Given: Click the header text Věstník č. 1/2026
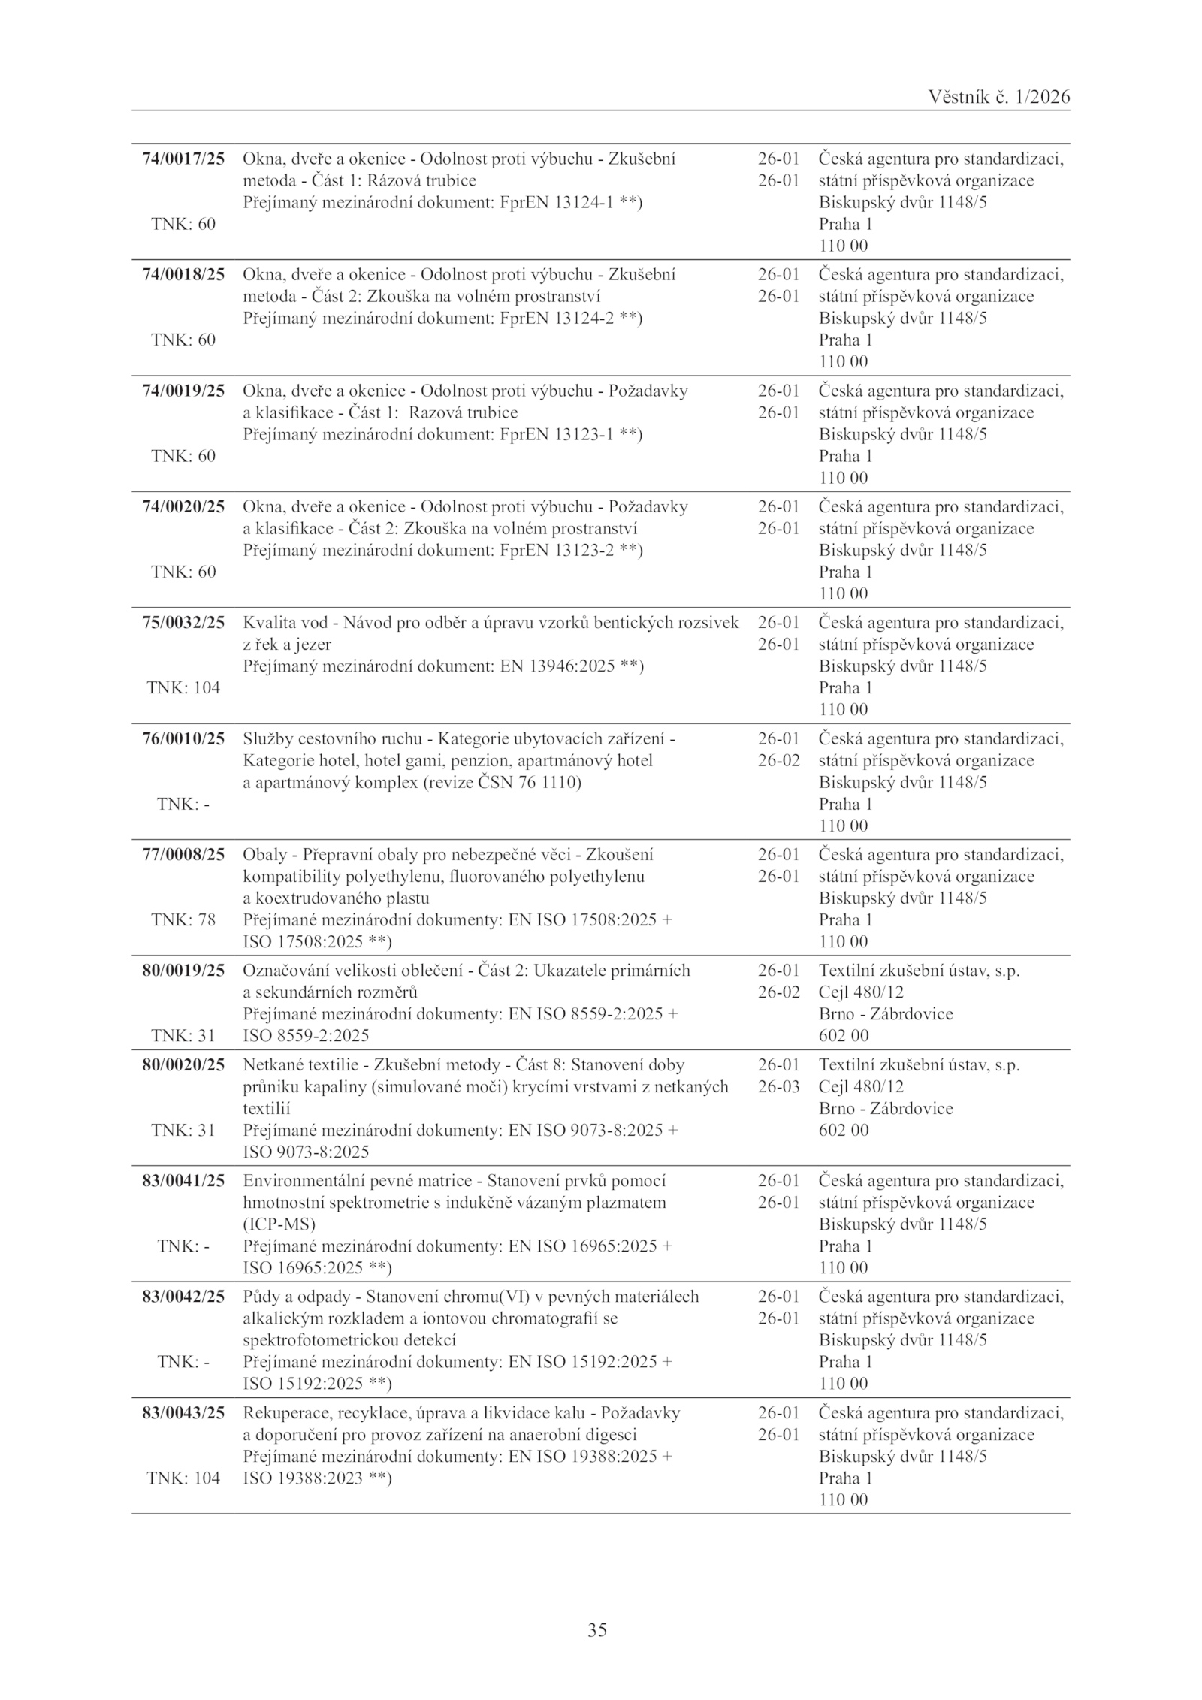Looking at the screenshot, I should point(998,97).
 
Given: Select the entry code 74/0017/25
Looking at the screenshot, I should point(183,159).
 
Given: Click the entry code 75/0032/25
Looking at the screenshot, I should point(183,623).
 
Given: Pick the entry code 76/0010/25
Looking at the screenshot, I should point(183,738).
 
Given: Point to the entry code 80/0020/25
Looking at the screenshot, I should point(183,1064).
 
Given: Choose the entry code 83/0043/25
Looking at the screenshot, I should point(183,1412).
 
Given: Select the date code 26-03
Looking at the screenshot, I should point(778,1086).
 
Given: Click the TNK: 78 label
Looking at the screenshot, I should point(183,919).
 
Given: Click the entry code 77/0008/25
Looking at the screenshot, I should point(183,854).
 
